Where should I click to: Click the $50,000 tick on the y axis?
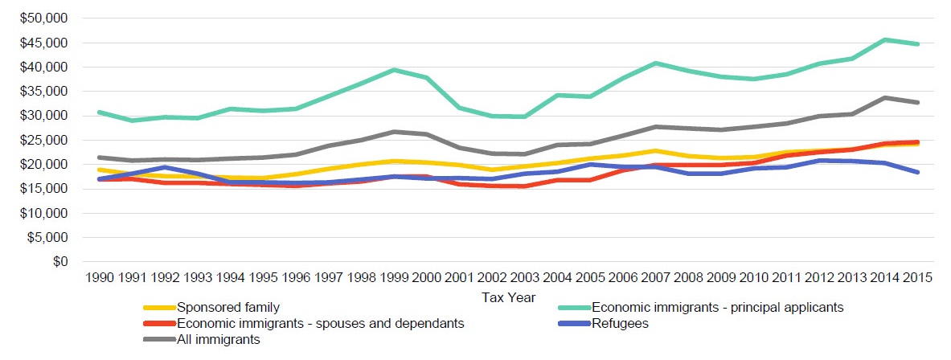47,18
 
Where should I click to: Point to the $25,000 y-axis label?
47,141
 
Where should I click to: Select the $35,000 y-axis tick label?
47,92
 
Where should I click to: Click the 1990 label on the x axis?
98,279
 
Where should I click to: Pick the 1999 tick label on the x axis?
394,279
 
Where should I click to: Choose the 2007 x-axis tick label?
656,279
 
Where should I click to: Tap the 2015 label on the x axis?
917,279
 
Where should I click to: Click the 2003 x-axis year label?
525,279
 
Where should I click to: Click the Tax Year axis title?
508,297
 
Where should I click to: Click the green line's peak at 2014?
885,39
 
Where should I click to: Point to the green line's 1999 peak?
394,70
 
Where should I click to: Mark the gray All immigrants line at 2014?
885,97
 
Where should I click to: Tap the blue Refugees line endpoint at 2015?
917,172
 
